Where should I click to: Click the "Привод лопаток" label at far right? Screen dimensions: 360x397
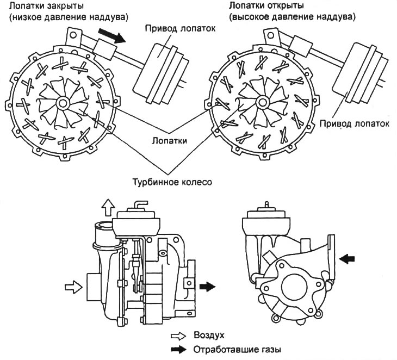coord(354,123)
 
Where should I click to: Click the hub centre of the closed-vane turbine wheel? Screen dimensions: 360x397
coord(60,102)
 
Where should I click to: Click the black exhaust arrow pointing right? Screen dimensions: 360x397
coord(207,285)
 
